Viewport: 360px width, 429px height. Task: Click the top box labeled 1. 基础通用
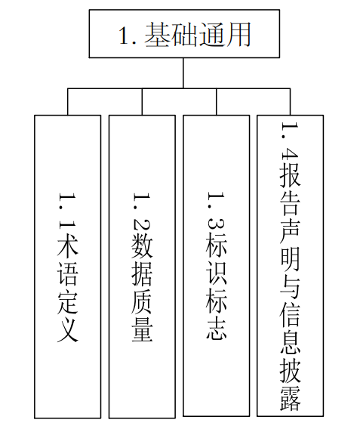[x=183, y=35]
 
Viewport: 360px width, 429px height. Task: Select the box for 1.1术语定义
[x=67, y=266]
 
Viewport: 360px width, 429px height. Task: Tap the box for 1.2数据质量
[x=142, y=266]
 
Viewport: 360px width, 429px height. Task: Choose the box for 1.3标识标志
[x=217, y=266]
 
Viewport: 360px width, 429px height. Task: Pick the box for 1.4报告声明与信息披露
[x=290, y=266]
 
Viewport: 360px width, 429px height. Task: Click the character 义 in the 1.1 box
[x=67, y=331]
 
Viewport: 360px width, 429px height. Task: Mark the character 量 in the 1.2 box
[x=142, y=331]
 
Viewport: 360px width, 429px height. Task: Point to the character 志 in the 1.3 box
[x=217, y=331]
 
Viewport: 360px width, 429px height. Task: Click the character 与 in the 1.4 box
[x=290, y=288]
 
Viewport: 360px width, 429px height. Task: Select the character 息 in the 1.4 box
[x=290, y=344]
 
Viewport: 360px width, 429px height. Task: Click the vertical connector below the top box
[x=183, y=73]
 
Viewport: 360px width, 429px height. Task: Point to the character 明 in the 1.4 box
[x=290, y=261]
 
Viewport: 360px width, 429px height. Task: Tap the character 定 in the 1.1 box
[x=67, y=302]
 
